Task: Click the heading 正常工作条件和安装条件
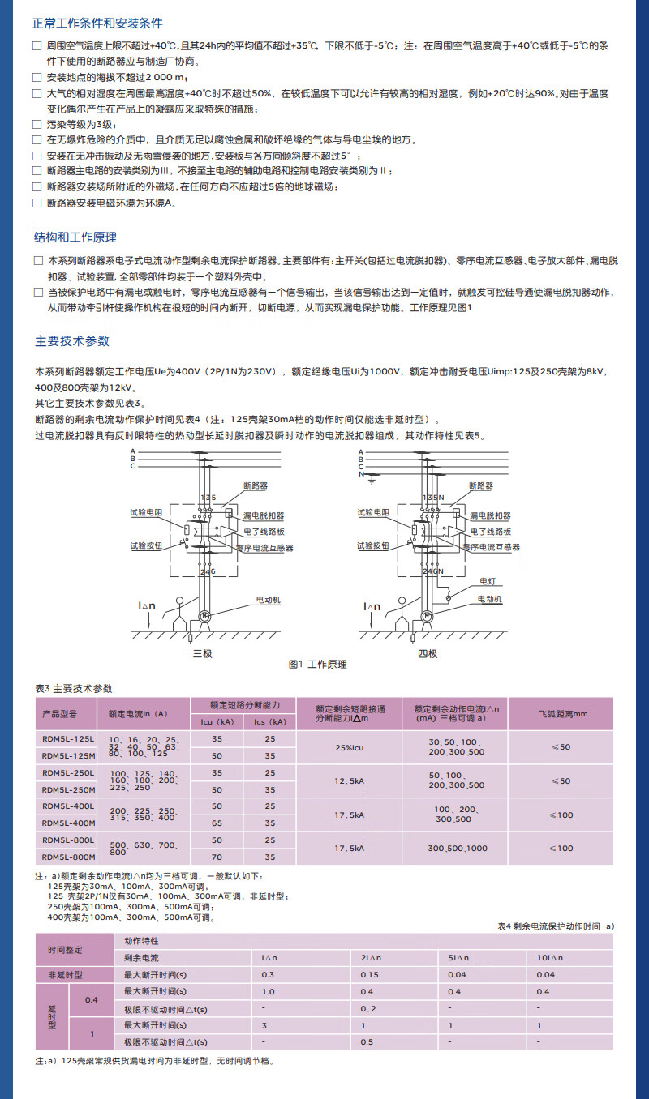98,24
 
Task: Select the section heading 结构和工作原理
75,237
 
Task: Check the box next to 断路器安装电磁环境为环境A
37,203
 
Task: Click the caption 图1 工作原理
317,664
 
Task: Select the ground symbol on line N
371,481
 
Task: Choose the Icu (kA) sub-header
217,721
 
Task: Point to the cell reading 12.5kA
349,780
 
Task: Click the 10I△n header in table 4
545,958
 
